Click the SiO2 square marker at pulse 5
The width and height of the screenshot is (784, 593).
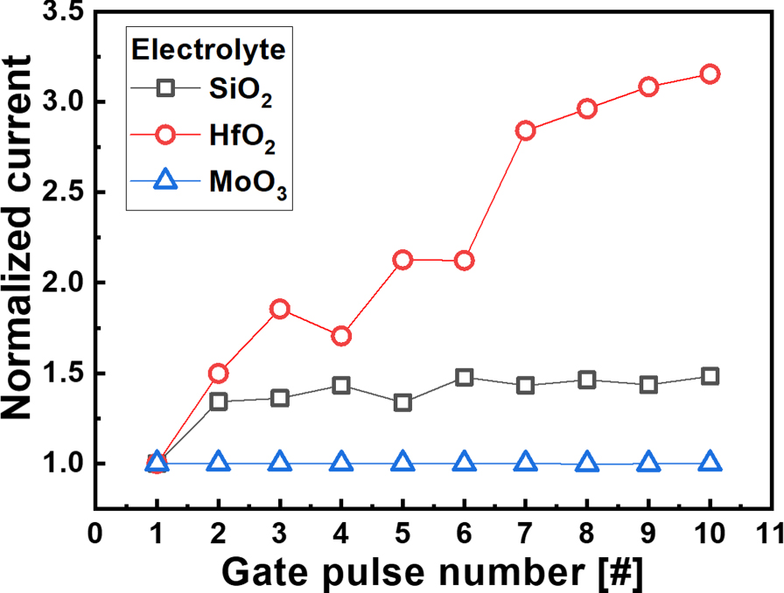click(402, 402)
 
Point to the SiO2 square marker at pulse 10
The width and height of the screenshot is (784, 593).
click(710, 376)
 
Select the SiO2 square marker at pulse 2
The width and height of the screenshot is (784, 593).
click(219, 401)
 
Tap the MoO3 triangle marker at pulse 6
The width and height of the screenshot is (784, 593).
click(464, 461)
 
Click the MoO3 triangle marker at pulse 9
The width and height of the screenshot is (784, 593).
click(648, 462)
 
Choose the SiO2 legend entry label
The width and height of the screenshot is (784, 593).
click(241, 92)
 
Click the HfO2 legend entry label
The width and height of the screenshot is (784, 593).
click(242, 137)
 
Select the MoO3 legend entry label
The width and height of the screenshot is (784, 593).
click(248, 184)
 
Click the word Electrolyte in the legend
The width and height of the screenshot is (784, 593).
click(208, 50)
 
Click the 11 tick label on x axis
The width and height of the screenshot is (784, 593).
click(770, 534)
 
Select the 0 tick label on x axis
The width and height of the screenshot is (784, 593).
click(95, 534)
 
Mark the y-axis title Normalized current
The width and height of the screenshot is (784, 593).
click(16, 237)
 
